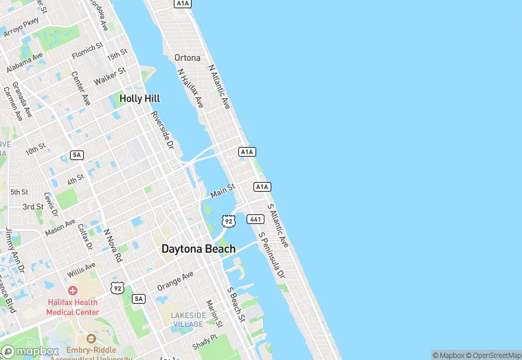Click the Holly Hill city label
click(139, 98)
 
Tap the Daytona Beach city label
click(198, 249)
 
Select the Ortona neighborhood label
click(188, 58)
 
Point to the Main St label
click(223, 190)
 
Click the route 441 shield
click(256, 218)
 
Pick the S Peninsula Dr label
click(271, 254)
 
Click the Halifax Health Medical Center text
click(72, 307)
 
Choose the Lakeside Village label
click(188, 319)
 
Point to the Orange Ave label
click(175, 280)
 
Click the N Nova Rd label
click(112, 245)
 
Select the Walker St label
click(110, 76)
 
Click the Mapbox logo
click(30, 351)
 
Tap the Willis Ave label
click(81, 270)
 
